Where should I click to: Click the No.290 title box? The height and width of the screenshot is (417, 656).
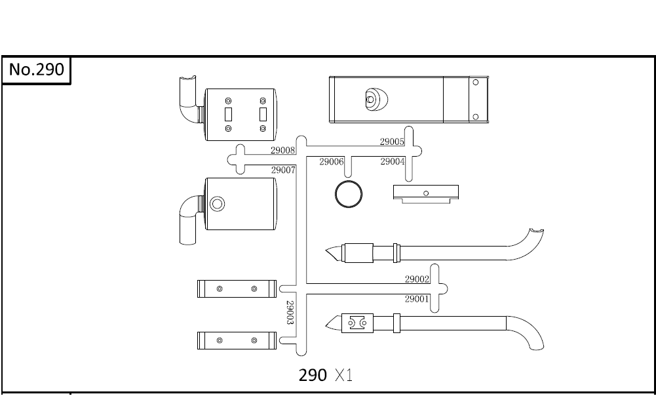pyautogui.click(x=36, y=69)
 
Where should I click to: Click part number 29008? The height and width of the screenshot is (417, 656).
pyautogui.click(x=283, y=150)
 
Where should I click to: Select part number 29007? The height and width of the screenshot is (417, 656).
pyautogui.click(x=283, y=170)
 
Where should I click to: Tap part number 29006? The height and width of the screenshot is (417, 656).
pyautogui.click(x=332, y=162)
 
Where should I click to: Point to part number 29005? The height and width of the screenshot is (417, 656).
pyautogui.click(x=392, y=142)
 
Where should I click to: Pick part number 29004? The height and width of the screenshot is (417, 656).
pyautogui.click(x=392, y=162)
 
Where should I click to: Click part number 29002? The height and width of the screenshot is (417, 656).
pyautogui.click(x=417, y=279)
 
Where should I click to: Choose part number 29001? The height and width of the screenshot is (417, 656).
pyautogui.click(x=417, y=299)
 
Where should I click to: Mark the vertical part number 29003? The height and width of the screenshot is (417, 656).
pyautogui.click(x=290, y=313)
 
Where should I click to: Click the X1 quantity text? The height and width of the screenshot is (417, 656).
pyautogui.click(x=343, y=375)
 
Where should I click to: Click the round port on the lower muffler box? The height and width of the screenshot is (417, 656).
pyautogui.click(x=217, y=203)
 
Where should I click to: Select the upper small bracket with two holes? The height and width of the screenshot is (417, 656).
pyautogui.click(x=236, y=288)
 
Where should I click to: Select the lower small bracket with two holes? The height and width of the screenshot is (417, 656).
pyautogui.click(x=236, y=340)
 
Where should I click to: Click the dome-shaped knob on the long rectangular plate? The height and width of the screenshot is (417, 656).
pyautogui.click(x=376, y=99)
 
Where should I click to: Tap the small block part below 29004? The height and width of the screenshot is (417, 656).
pyautogui.click(x=425, y=194)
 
